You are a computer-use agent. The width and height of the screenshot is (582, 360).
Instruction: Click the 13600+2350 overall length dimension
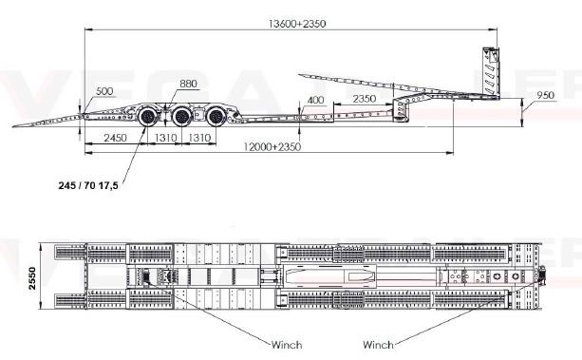pos(297,24)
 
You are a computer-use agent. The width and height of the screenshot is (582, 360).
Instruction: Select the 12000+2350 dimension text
pos(272,146)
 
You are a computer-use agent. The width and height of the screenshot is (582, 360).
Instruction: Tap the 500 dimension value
pos(104,91)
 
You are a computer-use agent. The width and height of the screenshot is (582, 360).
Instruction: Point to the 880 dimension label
pos(188,84)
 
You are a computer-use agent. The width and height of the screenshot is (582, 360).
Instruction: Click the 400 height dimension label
pos(315,100)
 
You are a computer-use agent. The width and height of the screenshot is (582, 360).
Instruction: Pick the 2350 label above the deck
pos(365,99)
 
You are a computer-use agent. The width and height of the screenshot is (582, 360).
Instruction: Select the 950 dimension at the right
pos(545,95)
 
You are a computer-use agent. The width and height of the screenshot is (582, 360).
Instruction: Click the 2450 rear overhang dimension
pos(115,138)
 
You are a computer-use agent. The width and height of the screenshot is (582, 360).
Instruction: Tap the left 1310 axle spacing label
pos(165,138)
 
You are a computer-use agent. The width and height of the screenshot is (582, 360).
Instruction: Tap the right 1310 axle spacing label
pos(199,138)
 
